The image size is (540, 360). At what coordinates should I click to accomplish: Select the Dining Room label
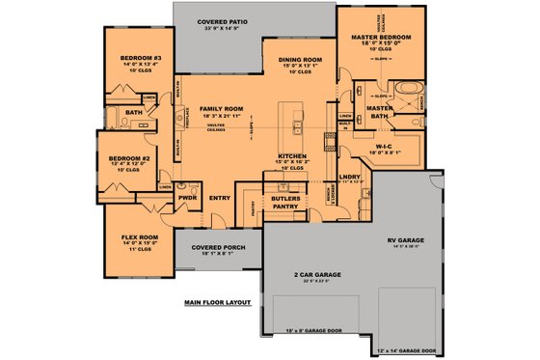pos(299,60)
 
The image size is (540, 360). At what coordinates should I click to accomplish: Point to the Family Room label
pos(222,109)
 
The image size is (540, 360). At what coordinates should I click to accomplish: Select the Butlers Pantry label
pos(285,201)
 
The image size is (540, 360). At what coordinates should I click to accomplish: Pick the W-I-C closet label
pos(388,146)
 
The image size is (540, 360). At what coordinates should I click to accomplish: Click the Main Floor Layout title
pos(217,302)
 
